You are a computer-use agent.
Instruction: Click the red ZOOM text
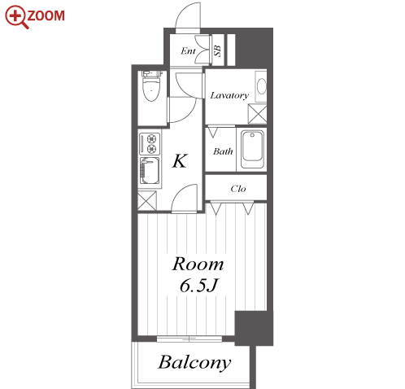click(x=46, y=15)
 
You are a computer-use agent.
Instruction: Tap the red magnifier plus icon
click(x=15, y=16)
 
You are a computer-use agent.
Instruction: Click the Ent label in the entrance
click(x=188, y=50)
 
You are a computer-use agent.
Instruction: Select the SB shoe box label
click(x=217, y=50)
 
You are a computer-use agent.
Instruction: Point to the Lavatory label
click(x=229, y=95)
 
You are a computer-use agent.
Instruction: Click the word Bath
click(x=223, y=151)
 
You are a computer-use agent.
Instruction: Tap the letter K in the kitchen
click(x=180, y=161)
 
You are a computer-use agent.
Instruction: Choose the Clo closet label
click(x=238, y=189)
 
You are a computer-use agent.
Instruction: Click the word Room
click(x=198, y=264)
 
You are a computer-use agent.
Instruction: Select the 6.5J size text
click(x=199, y=285)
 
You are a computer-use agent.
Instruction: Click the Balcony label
click(x=194, y=362)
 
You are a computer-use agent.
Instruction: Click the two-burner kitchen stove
click(x=150, y=144)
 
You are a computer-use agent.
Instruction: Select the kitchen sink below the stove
click(x=150, y=171)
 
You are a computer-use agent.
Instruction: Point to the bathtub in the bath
click(x=252, y=150)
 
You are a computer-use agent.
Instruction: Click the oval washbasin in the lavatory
click(x=261, y=86)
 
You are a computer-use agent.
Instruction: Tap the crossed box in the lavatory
click(x=257, y=114)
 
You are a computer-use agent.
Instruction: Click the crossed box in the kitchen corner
click(x=147, y=201)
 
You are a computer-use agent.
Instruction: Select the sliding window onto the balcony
click(x=189, y=339)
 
